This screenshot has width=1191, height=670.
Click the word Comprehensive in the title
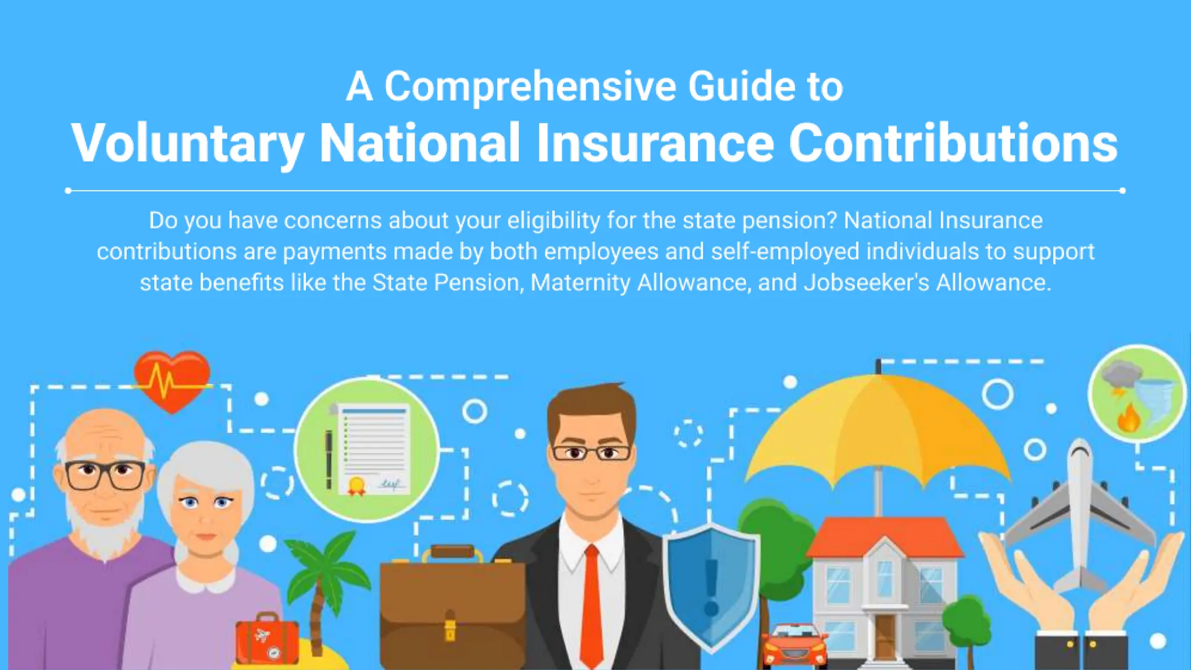point(530,87)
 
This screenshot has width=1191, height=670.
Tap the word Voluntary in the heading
point(187,143)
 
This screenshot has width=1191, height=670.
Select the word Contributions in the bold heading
point(953,143)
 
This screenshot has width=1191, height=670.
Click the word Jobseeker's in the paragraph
point(866,283)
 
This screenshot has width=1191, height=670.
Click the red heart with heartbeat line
point(172,379)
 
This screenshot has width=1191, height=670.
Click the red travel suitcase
point(267,640)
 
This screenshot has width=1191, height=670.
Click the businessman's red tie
point(592,605)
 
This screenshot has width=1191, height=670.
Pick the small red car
point(794,646)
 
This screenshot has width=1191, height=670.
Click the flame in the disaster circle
point(1128,418)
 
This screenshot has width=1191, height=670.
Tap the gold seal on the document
point(356,484)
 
